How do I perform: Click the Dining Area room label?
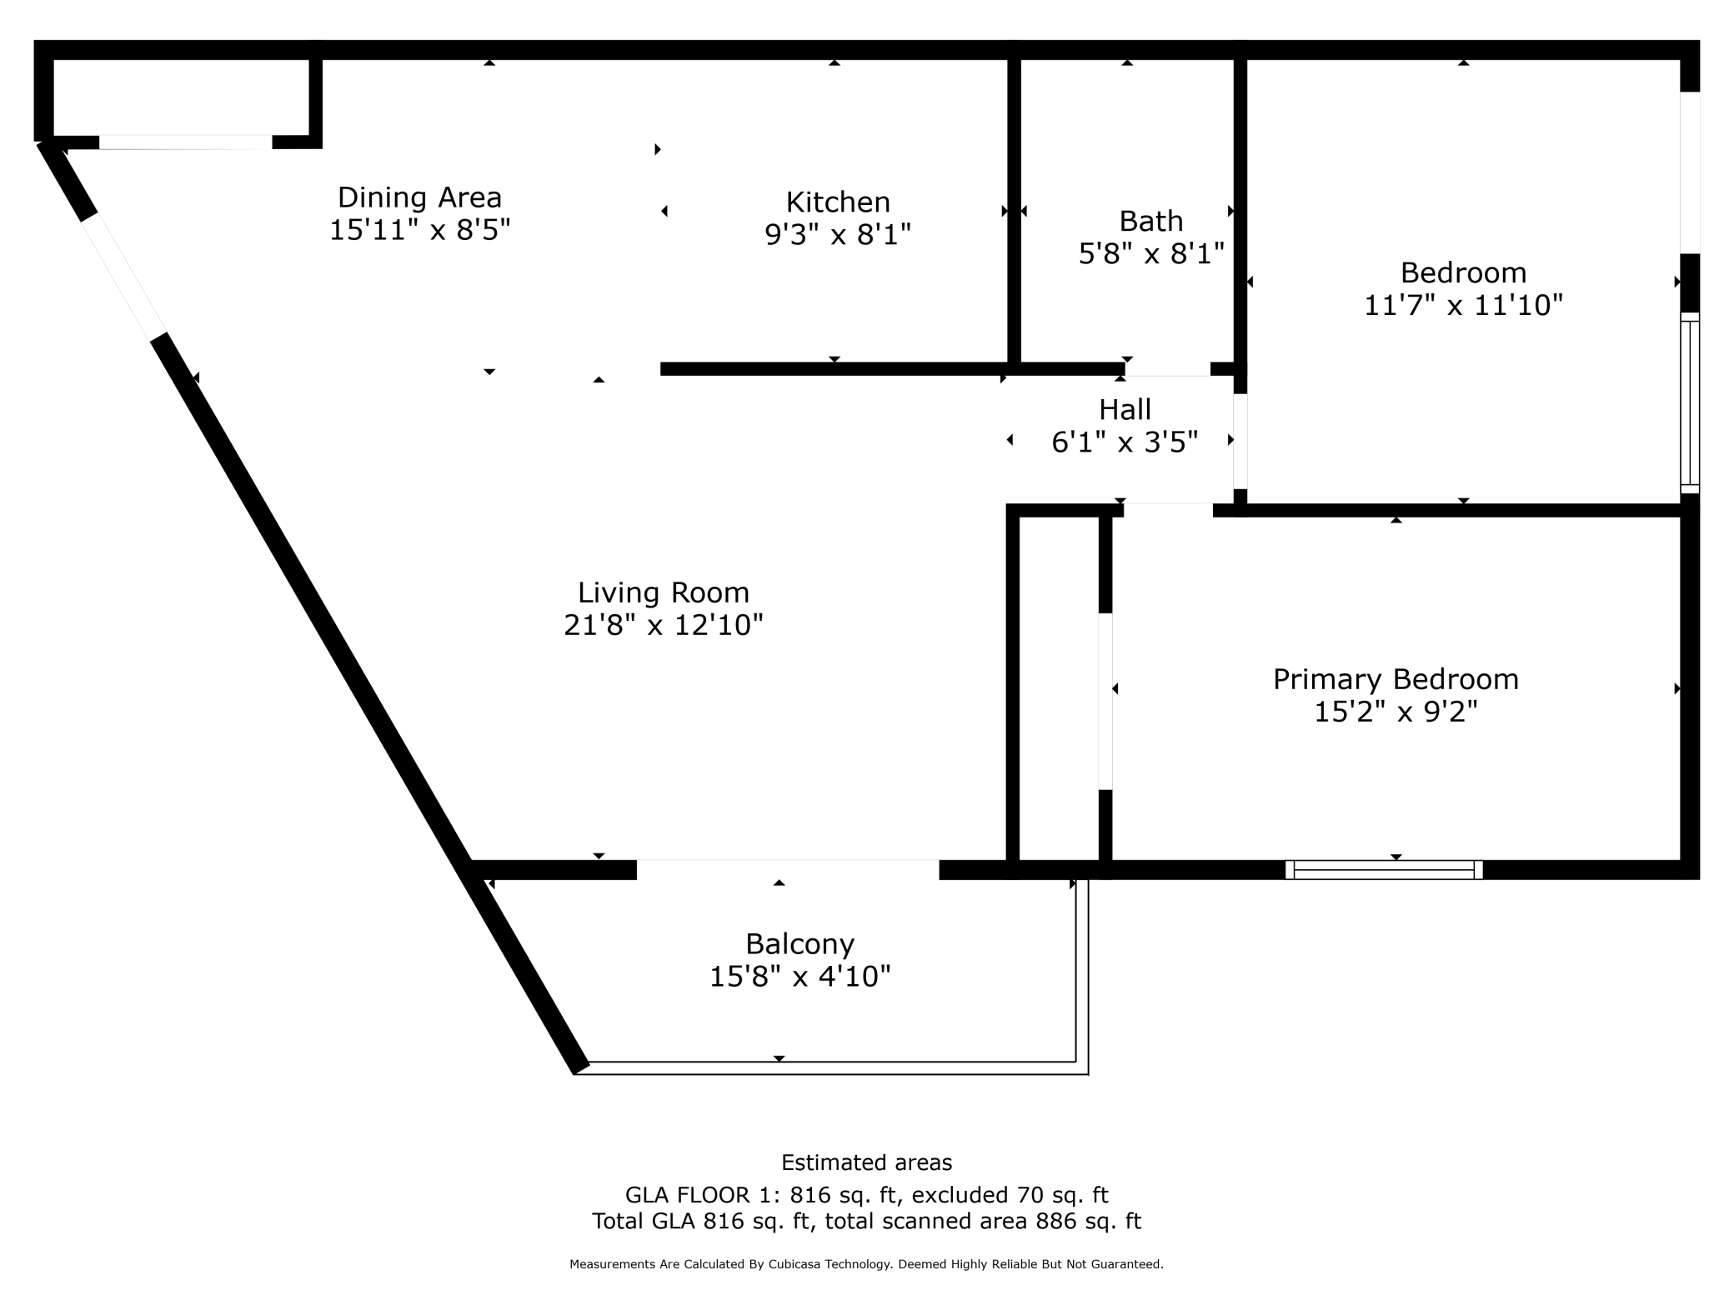[x=419, y=197]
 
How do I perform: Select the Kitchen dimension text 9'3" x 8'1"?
[x=838, y=235]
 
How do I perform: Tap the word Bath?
[x=1150, y=222]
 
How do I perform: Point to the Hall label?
[x=1125, y=410]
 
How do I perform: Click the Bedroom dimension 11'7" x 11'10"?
[x=1462, y=306]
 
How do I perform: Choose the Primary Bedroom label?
[x=1395, y=679]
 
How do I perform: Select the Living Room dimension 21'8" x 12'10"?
[x=663, y=625]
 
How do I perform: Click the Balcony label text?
[x=799, y=944]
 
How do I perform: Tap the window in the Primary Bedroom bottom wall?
[x=1383, y=870]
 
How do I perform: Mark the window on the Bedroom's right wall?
[x=1689, y=403]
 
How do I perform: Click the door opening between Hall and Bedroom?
[x=1240, y=441]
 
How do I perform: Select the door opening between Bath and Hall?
[x=1166, y=369]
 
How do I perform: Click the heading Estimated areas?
[x=866, y=1162]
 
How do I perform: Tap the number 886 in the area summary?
[x=1054, y=1222]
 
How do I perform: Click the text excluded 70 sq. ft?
[x=1010, y=1196]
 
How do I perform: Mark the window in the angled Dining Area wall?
[x=123, y=277]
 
